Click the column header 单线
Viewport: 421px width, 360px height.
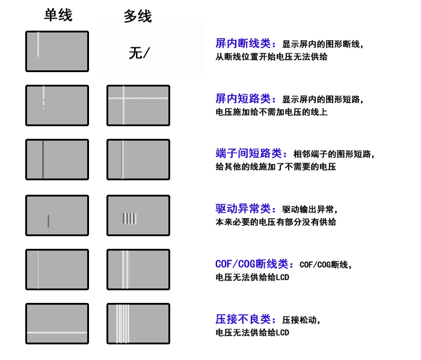58,15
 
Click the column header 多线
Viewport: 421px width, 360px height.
138,16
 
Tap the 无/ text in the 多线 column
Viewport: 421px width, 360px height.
139,53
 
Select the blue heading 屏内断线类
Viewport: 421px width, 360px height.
243,43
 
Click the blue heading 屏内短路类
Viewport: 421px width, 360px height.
243,99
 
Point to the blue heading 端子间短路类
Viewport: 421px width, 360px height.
248,153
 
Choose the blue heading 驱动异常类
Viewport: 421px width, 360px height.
243,209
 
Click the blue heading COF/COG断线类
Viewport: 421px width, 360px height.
251,264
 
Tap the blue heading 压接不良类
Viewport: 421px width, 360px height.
243,319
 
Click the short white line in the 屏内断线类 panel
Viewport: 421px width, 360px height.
38,44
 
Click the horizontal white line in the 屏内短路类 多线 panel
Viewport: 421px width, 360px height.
138,98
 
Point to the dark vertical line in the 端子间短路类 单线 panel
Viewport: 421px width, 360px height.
43,159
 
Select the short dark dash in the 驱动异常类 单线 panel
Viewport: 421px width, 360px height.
48,221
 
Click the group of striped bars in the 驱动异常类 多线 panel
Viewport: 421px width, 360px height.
130,219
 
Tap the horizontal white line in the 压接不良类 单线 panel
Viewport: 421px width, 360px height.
57,332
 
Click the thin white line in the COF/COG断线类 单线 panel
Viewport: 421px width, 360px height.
38,270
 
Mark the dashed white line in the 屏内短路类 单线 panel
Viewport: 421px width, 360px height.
43,97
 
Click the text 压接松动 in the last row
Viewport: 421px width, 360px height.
299,320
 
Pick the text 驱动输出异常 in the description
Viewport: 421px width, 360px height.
308,210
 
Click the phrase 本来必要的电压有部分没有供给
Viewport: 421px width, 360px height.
275,222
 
